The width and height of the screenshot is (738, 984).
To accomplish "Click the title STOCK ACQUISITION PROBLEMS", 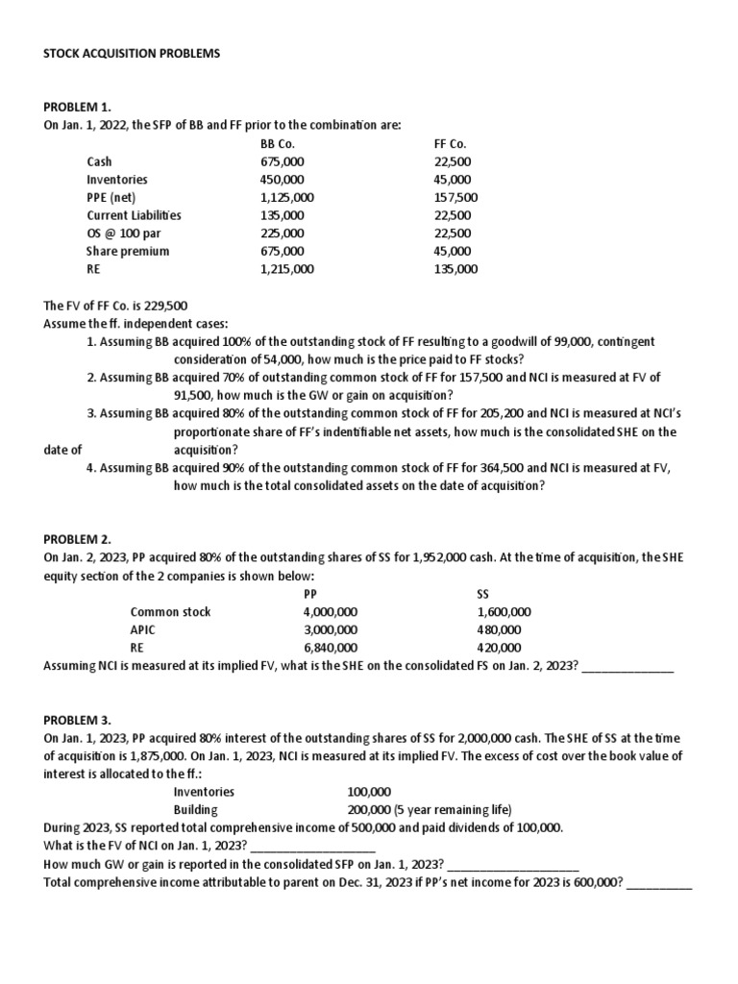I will click(x=133, y=54).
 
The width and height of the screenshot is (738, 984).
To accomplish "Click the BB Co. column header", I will click(x=277, y=144).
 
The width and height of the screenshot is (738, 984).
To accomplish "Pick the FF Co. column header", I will click(x=451, y=144).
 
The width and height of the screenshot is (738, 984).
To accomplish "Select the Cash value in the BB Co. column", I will click(x=281, y=162).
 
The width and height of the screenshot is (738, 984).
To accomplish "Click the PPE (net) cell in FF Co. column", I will click(x=456, y=198).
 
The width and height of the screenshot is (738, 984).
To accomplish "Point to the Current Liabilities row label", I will click(x=134, y=216).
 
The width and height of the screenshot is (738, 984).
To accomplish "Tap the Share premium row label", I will click(x=128, y=252).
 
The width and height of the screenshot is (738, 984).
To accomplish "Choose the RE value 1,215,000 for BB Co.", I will click(x=286, y=270).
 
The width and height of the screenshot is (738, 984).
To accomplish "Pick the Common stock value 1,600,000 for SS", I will click(x=504, y=612).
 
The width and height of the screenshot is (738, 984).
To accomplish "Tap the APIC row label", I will click(x=142, y=630).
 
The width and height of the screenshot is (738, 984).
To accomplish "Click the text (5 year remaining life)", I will click(x=452, y=810).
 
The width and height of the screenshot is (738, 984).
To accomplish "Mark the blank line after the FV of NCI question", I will click(x=312, y=847).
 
